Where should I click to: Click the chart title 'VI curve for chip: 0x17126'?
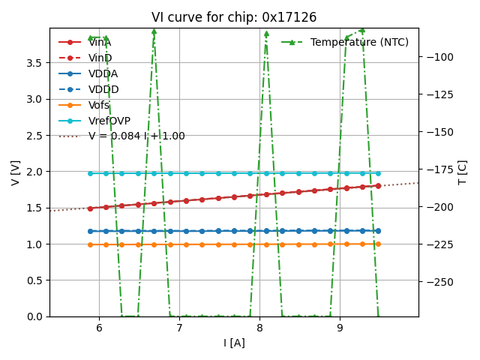(234, 17)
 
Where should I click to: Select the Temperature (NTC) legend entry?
(359, 43)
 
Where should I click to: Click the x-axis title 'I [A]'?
(234, 343)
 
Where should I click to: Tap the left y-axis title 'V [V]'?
(15, 172)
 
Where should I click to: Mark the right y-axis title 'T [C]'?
(462, 172)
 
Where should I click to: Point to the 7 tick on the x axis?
(179, 328)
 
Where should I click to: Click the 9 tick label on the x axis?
(340, 328)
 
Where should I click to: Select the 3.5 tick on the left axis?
(34, 63)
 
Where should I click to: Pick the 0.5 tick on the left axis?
(34, 280)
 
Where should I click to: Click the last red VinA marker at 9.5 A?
(378, 185)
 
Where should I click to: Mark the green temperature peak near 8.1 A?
(266, 33)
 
